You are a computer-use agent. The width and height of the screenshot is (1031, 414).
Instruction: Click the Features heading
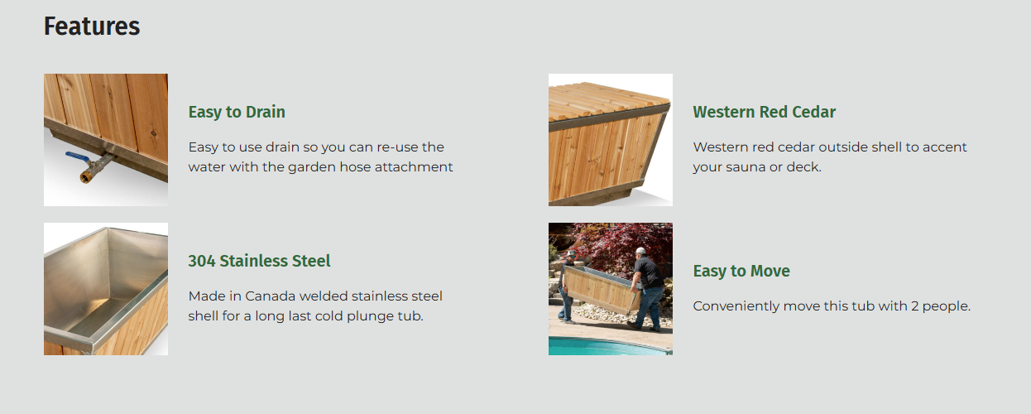92,26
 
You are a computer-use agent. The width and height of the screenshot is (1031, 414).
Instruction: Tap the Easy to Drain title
237,112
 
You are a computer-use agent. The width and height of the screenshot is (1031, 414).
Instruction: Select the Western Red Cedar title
764,112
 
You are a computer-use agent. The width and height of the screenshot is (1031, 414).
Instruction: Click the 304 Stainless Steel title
259,261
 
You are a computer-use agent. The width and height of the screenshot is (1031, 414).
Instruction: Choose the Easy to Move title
741,271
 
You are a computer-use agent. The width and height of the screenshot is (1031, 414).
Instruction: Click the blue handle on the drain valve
77,157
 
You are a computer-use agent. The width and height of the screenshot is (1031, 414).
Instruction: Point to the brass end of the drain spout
85,177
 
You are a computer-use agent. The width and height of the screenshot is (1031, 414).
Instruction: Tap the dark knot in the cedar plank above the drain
154,133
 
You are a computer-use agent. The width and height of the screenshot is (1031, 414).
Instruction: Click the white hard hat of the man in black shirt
640,251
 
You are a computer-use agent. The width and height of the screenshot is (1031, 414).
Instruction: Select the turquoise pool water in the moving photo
607,346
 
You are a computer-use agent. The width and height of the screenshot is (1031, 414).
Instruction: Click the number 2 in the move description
914,306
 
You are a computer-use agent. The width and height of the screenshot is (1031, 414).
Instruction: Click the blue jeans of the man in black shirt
649,306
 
